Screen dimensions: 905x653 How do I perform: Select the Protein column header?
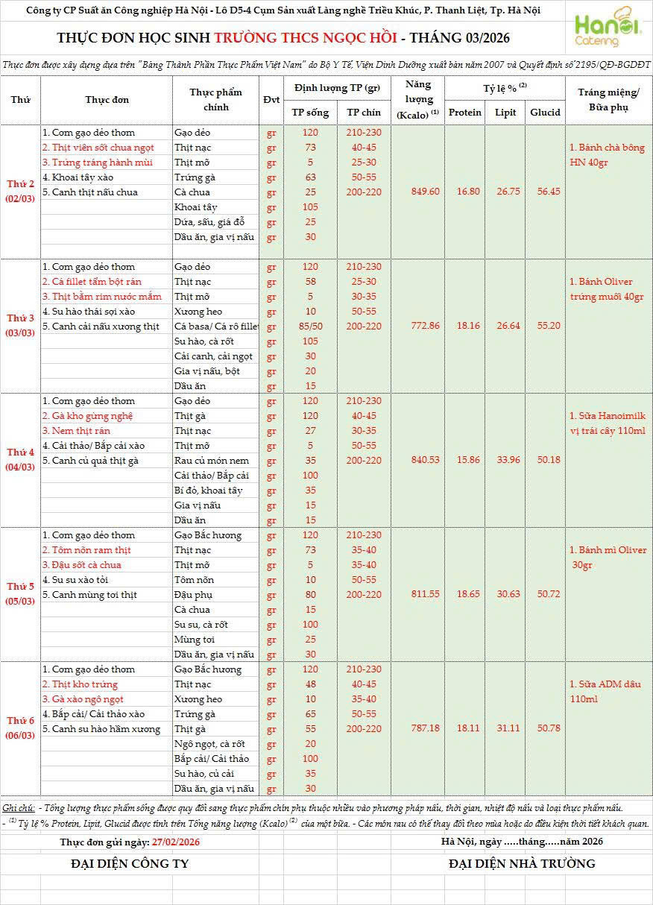click(465, 113)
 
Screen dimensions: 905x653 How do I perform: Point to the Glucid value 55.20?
click(545, 326)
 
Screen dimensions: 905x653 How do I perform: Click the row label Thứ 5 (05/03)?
click(20, 593)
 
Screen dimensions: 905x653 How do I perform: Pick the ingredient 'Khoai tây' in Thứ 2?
click(195, 206)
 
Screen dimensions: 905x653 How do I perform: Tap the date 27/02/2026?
click(175, 842)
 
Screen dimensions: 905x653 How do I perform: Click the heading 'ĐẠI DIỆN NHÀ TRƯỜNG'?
click(522, 864)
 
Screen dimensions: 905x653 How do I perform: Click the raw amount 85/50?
click(310, 326)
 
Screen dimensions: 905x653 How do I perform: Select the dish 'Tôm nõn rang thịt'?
click(86, 550)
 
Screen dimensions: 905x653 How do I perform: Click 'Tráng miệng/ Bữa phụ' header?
click(608, 99)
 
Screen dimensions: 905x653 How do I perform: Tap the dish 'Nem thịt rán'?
click(76, 431)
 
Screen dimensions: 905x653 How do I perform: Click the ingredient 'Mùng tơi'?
click(195, 640)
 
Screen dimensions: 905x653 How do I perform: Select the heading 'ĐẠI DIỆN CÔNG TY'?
click(130, 864)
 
